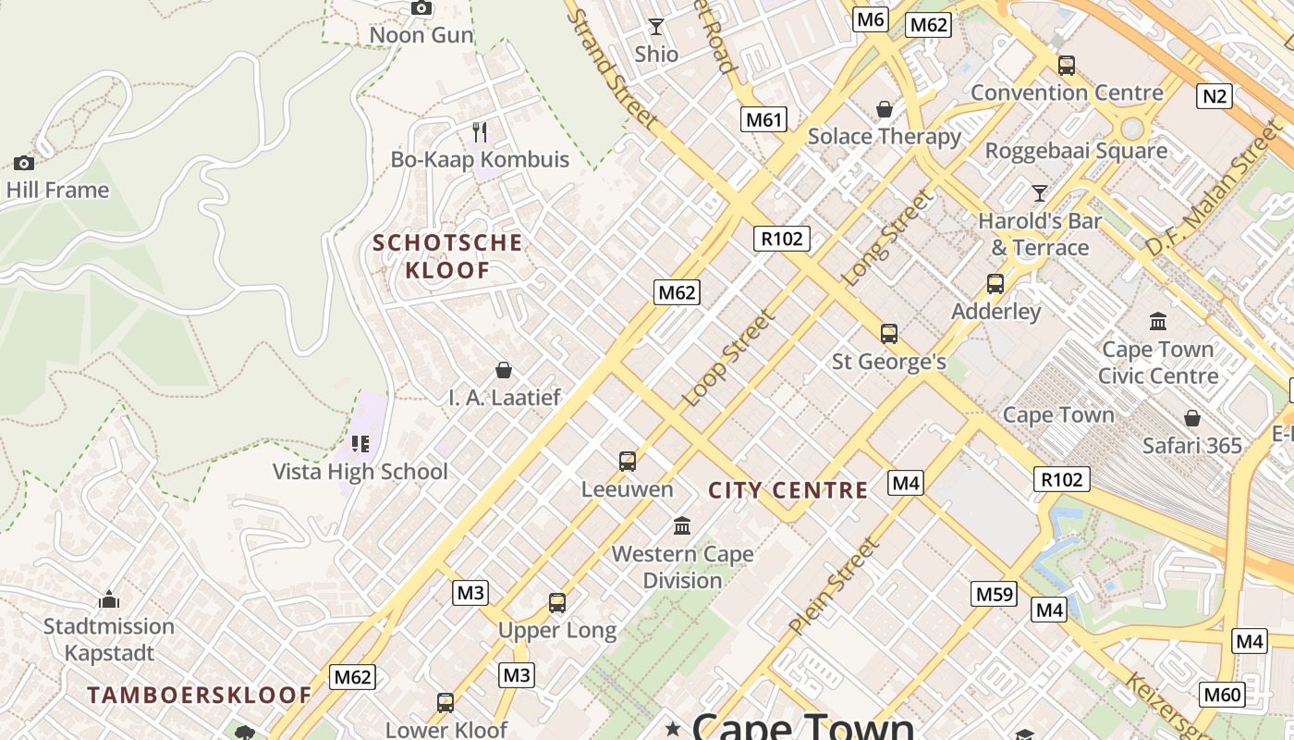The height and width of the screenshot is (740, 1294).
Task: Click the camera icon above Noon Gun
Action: click(x=421, y=8)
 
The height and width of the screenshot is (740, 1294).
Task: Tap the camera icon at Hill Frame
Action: click(x=24, y=164)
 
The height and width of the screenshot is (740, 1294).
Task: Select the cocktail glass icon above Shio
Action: click(x=656, y=27)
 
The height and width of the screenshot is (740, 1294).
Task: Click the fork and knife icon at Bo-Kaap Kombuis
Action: click(x=480, y=132)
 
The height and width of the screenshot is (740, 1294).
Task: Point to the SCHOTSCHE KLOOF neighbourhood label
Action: click(x=446, y=256)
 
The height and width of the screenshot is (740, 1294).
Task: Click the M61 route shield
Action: click(x=763, y=118)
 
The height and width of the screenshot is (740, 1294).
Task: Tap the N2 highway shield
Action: click(x=1215, y=95)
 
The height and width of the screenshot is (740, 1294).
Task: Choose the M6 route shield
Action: click(x=871, y=19)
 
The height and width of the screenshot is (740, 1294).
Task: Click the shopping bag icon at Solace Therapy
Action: click(x=885, y=110)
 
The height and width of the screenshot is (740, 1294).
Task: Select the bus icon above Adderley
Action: click(x=995, y=284)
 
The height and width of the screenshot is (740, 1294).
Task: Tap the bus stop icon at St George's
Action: click(x=889, y=334)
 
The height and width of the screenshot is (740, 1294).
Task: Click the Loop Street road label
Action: click(x=728, y=359)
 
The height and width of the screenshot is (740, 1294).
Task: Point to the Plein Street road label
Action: click(x=834, y=587)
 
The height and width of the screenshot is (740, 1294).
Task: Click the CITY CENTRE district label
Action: click(x=788, y=490)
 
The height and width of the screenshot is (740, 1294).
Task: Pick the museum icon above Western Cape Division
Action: click(x=682, y=526)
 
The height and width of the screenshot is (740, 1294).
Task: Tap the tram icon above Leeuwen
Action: click(x=628, y=461)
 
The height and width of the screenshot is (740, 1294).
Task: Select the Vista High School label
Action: click(x=360, y=472)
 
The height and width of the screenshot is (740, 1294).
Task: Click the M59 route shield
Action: click(x=995, y=594)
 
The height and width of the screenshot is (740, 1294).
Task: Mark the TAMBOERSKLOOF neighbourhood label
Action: click(x=200, y=695)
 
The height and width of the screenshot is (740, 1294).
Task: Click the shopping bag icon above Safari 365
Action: click(x=1192, y=418)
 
